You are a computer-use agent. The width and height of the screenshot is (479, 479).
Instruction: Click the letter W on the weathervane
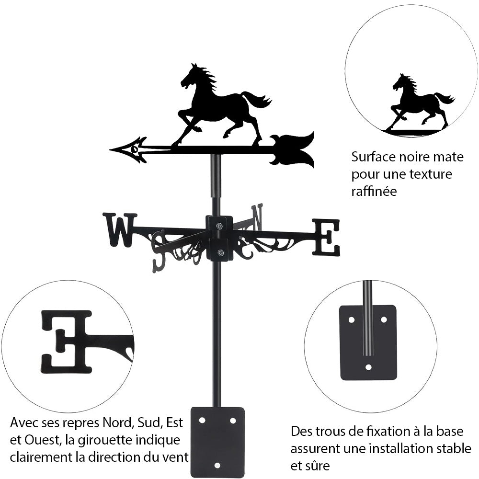click(x=120, y=230)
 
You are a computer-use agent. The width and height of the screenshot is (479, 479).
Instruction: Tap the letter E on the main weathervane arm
click(x=326, y=237)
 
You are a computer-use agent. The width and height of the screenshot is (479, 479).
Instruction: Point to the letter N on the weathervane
click(x=257, y=217)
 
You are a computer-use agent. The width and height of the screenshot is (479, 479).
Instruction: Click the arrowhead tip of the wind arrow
click(x=110, y=149)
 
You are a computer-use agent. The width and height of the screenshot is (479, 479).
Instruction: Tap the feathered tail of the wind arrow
click(x=293, y=149)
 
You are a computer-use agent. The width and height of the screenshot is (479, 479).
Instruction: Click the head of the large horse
click(x=189, y=76)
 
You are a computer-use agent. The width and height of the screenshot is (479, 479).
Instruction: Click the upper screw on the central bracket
click(x=220, y=226)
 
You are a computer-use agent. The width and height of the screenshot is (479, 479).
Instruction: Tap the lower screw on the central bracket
click(x=220, y=252)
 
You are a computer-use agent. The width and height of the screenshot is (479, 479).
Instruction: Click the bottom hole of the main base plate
click(x=217, y=466)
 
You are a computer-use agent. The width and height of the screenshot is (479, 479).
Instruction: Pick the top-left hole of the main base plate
click(x=202, y=421)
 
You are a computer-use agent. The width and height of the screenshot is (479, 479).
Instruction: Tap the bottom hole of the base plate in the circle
click(x=369, y=367)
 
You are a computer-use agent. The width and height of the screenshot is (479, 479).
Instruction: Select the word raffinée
click(x=374, y=191)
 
